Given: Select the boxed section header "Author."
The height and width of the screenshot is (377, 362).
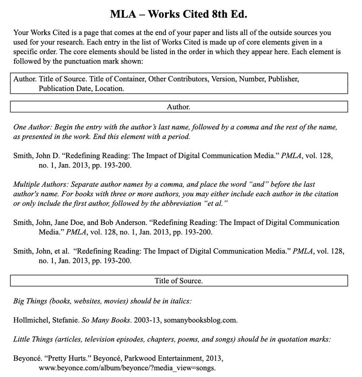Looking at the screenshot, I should (x=179, y=107).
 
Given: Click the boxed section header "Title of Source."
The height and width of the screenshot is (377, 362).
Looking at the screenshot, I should (x=179, y=281).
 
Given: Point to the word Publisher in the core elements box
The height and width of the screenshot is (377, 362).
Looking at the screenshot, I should (x=283, y=79).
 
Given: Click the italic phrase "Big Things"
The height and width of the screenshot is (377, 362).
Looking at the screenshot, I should (x=30, y=301).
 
